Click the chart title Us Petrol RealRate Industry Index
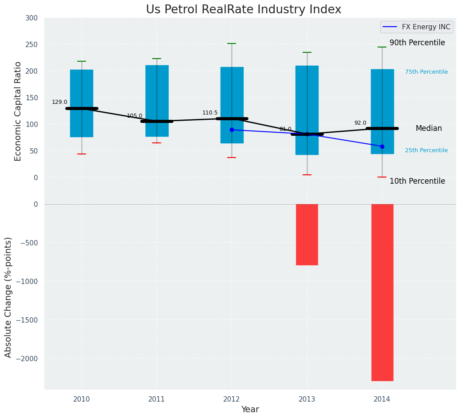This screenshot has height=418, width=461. (x=244, y=10)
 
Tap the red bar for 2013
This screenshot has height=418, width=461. (x=307, y=234)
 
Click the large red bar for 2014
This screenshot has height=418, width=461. (x=382, y=292)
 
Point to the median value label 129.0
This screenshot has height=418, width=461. (x=59, y=103)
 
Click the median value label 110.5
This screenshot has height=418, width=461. (x=210, y=113)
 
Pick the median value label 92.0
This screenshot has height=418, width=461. (x=360, y=123)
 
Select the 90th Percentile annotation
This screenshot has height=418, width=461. (x=417, y=43)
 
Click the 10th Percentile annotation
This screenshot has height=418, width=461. (x=417, y=181)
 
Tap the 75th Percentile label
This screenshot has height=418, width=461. (x=426, y=72)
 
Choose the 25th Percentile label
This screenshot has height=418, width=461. (x=426, y=151)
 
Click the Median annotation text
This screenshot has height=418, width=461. (x=429, y=129)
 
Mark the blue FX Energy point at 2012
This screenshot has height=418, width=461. (x=232, y=130)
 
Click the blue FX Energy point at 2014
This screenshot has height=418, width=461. (x=382, y=146)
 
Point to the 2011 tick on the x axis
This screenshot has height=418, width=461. (x=157, y=399)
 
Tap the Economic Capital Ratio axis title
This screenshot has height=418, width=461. (x=18, y=111)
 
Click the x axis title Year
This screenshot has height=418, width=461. (x=250, y=410)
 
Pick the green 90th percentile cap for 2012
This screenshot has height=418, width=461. (x=232, y=43)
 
